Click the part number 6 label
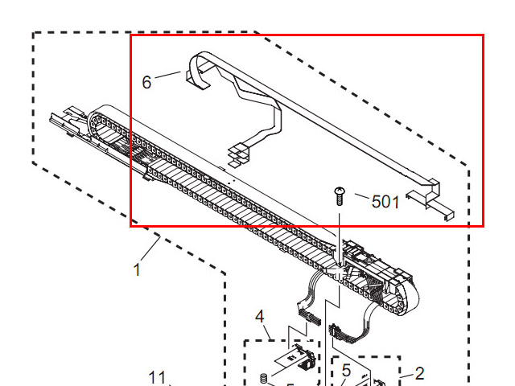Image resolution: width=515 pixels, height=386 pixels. click(146, 81)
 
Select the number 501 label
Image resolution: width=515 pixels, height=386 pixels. click(385, 201)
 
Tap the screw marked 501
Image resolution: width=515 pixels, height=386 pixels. click(339, 195)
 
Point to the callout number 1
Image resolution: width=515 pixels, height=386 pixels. click(137, 270)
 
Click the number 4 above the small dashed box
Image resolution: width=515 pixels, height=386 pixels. click(260, 314)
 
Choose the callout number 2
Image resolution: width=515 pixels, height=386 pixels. click(419, 373)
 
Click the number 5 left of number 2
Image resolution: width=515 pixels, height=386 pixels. click(346, 372)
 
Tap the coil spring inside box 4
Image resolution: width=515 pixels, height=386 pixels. click(262, 377)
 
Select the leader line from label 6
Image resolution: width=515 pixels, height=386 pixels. click(168, 76)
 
